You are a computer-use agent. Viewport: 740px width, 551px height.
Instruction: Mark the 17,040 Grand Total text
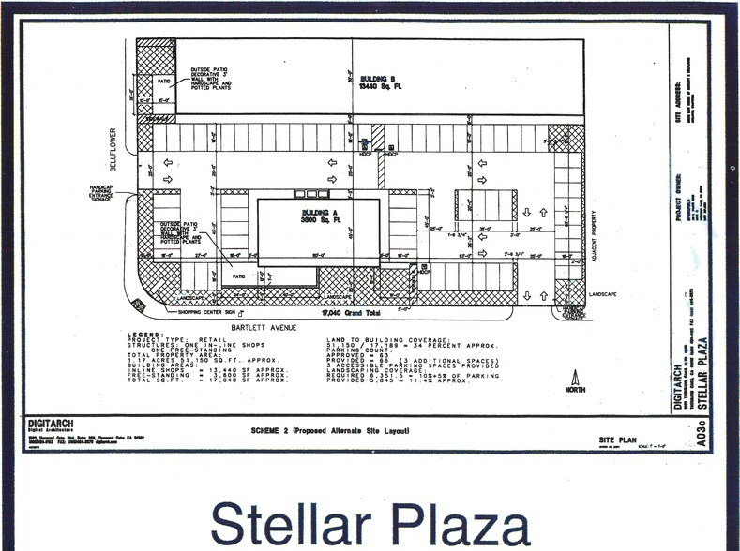click(353, 314)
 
